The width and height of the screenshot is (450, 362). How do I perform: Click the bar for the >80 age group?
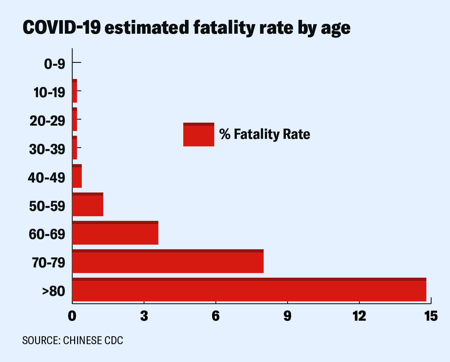click(x=249, y=290)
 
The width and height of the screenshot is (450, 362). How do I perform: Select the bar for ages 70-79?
click(x=168, y=261)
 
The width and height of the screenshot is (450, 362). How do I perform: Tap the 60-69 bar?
click(x=115, y=233)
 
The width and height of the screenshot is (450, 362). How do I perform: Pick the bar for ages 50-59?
click(x=88, y=204)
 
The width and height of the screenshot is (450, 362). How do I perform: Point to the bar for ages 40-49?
click(x=77, y=176)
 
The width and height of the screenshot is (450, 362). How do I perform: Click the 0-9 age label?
click(x=55, y=64)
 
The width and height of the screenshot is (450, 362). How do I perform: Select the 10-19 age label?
click(x=50, y=93)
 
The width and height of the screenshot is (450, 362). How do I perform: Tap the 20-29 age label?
click(x=47, y=121)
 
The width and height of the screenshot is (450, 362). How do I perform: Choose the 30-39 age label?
click(x=47, y=149)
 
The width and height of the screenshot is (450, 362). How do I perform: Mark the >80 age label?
click(x=54, y=291)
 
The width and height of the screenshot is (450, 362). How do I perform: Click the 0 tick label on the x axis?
click(x=72, y=316)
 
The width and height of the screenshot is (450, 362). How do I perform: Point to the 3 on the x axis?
click(x=144, y=316)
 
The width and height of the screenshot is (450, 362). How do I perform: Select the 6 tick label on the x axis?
click(x=216, y=316)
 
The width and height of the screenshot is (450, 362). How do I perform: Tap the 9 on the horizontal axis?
click(x=288, y=316)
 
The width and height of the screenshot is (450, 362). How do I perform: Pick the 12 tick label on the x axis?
click(x=359, y=316)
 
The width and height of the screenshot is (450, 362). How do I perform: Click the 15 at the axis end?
click(x=431, y=316)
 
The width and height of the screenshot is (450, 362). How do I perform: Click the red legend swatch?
click(x=199, y=135)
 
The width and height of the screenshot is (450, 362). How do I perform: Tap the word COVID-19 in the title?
click(x=62, y=28)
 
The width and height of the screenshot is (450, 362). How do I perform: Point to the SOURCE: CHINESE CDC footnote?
click(x=72, y=341)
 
